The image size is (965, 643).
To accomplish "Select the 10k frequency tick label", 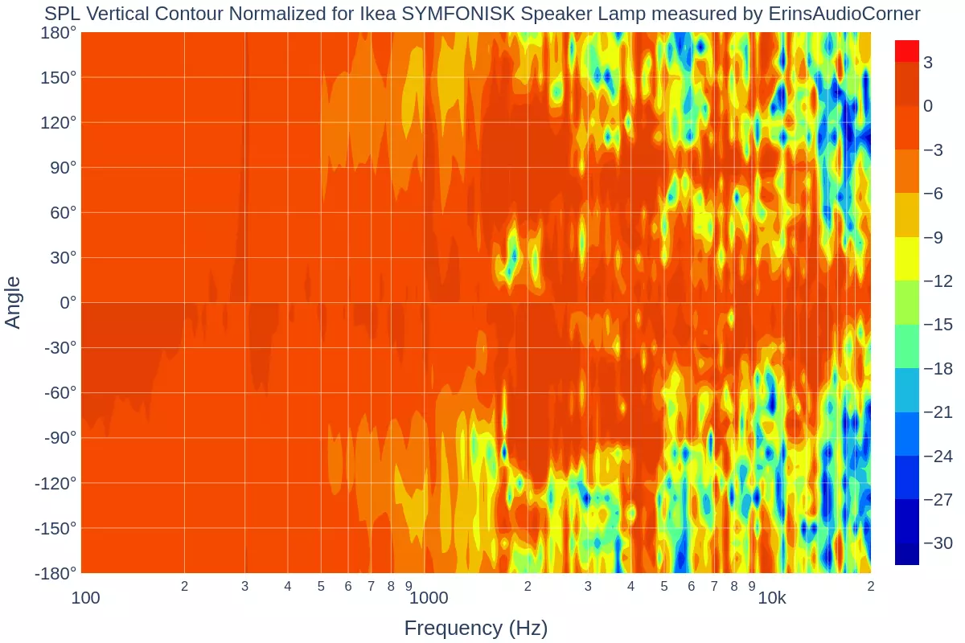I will [772, 598].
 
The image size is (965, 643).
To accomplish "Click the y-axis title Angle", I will [14, 302].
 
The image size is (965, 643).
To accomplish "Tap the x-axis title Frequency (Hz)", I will [476, 629].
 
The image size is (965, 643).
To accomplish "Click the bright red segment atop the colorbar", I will [907, 51].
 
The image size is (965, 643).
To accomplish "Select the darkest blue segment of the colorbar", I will [907, 554].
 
